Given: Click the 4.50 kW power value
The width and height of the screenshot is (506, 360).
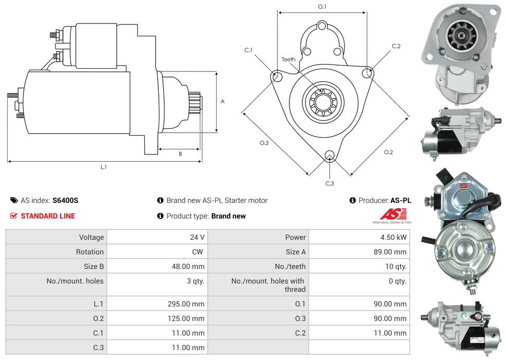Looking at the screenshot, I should coord(394,237).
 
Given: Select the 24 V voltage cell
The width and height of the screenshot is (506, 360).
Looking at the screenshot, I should coord(197,237).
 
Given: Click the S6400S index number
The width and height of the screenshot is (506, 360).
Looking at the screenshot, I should coord(65,200).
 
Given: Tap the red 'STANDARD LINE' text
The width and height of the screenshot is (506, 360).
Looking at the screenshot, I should coord(48,216).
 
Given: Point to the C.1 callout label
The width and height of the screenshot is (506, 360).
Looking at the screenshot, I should coord(248,50).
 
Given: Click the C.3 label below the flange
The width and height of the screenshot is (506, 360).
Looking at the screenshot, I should coord(330,183).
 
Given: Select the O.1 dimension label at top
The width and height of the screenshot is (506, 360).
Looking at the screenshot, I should coord(322,7).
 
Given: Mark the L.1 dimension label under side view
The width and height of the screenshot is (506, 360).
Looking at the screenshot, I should coord(104,167).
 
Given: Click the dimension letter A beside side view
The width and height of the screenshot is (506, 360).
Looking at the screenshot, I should coord(222,101).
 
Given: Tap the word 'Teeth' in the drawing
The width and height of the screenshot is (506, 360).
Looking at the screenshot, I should coord(288,59).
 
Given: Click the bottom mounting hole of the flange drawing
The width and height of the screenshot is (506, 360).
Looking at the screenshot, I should coord(329,156).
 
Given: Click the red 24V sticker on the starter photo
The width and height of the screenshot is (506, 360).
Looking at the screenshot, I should coord(463,185).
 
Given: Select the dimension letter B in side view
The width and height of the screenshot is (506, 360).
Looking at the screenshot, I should coord(180,154).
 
